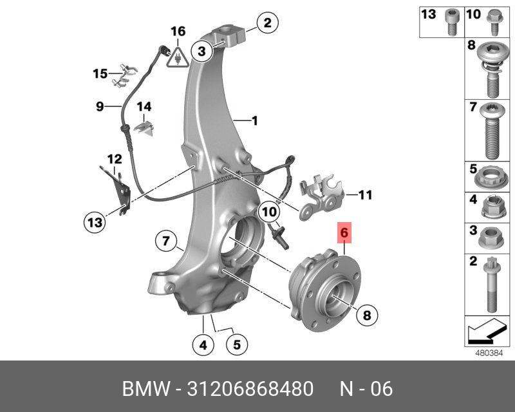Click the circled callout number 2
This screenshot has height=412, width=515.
267,23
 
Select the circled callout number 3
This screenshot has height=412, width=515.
201,50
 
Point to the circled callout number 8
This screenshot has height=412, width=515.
367,315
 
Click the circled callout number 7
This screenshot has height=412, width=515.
165,242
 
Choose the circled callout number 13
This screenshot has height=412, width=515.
95,223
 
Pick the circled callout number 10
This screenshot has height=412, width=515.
268,211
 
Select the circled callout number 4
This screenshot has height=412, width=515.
203,345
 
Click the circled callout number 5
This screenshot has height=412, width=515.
236,345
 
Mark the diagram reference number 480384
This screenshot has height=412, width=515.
487,353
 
